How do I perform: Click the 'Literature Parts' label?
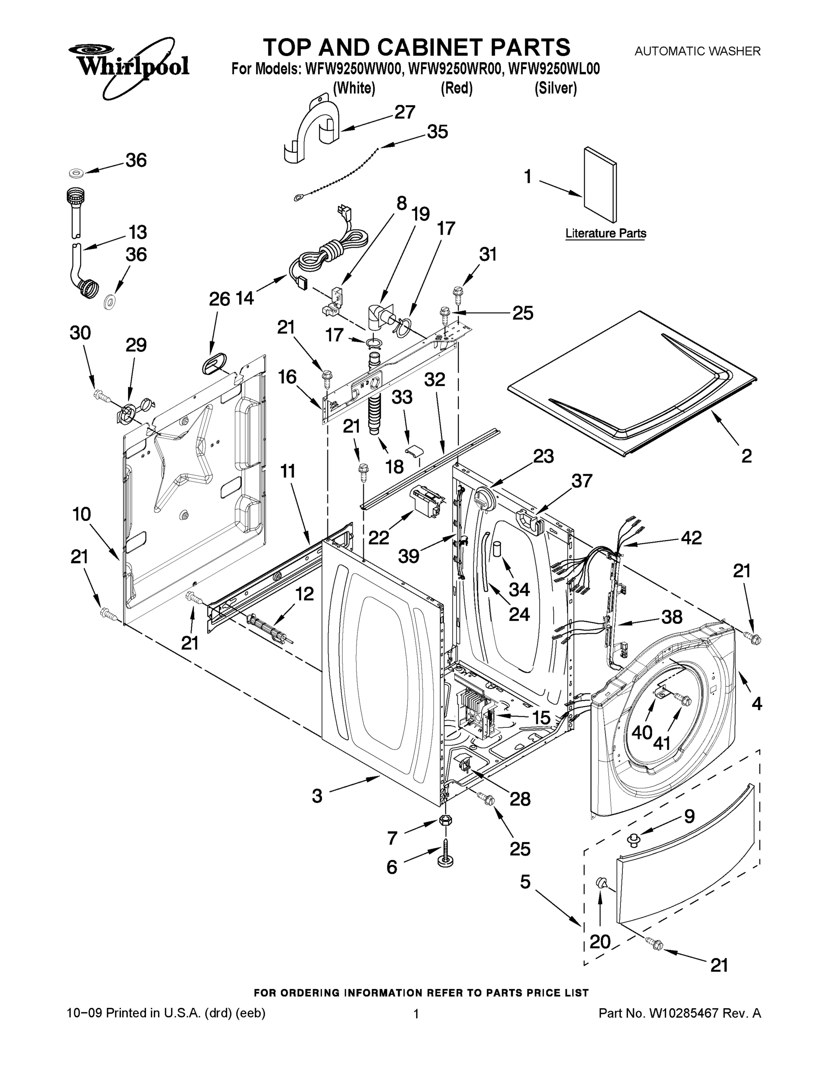[x=606, y=233]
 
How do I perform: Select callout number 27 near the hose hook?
[x=405, y=113]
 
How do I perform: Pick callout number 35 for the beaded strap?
[x=437, y=132]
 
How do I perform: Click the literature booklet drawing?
[x=600, y=184]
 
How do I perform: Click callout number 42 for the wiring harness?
[x=691, y=537]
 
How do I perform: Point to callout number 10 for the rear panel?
[x=82, y=514]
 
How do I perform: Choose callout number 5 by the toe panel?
[x=525, y=881]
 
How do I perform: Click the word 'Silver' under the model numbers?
[x=555, y=89]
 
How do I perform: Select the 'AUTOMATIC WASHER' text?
[x=697, y=51]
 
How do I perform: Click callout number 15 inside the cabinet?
[x=541, y=718]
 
